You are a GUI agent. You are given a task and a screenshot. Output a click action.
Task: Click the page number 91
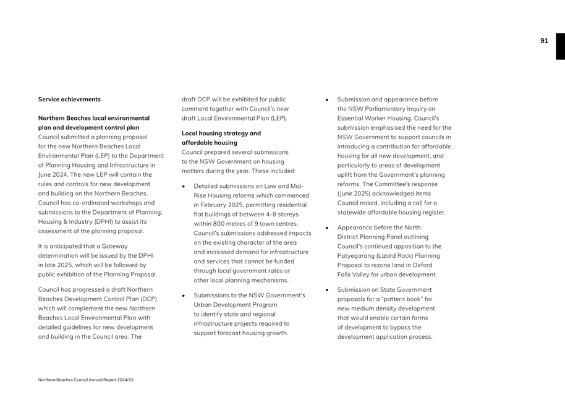tap(544, 41)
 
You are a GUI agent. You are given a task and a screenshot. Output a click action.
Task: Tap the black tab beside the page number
tap(560, 46)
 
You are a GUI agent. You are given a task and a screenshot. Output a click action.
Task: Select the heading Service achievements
tap(69, 100)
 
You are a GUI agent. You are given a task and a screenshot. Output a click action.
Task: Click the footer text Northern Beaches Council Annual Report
tap(85, 380)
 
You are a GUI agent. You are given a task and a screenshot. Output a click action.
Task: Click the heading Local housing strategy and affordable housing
tap(221, 138)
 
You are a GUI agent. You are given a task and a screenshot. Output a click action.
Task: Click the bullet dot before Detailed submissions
tap(184, 187)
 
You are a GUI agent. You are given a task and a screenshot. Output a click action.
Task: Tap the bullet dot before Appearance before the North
tap(328, 228)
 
